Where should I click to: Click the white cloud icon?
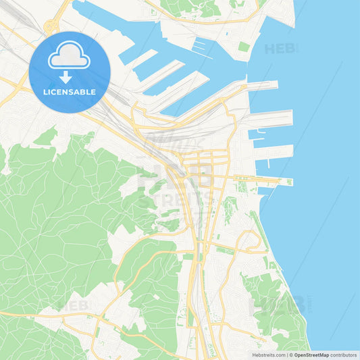point(69,59)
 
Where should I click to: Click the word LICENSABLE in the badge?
point(70,91)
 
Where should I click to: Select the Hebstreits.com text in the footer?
point(267,355)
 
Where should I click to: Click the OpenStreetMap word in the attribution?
point(311,355)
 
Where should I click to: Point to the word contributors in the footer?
point(344,355)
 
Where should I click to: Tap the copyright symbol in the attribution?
point(290,355)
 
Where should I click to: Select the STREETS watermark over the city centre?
point(177,199)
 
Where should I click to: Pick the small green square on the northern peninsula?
point(244,47)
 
